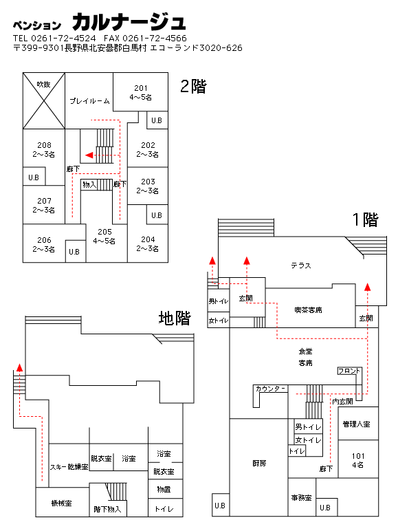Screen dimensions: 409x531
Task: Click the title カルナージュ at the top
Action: [x=129, y=22]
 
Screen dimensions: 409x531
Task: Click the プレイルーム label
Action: [x=90, y=101]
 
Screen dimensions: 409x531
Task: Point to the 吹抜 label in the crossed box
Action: [x=44, y=85]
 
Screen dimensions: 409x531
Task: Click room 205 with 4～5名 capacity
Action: [x=104, y=237]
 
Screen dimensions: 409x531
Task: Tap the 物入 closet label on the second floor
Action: [x=89, y=184]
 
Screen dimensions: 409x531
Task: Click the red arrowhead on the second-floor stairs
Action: [x=89, y=155]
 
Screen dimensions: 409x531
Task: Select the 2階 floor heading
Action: [x=193, y=87]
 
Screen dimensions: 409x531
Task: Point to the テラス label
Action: [x=301, y=265]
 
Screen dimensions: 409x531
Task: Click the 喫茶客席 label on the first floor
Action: [x=308, y=310]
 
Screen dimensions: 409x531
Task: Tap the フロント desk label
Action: [x=349, y=371]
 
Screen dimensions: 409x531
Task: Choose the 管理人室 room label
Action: [x=356, y=424]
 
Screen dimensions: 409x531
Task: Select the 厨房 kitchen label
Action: [x=259, y=464]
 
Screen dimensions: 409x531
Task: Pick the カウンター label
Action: [x=271, y=389]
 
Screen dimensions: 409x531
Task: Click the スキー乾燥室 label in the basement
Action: [x=69, y=467]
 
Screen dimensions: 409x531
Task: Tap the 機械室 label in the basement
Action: [x=61, y=503]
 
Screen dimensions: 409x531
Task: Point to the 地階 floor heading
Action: [x=175, y=318]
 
